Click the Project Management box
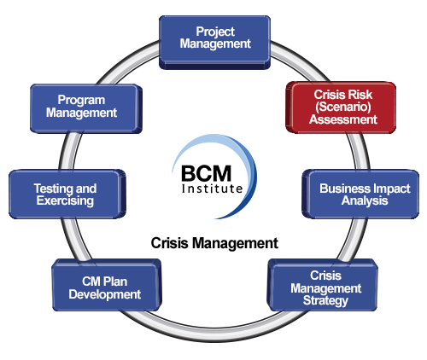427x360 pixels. point(214,43)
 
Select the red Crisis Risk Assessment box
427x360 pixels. point(341,107)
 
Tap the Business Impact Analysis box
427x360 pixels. point(360,195)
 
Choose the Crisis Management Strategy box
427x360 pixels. point(322,285)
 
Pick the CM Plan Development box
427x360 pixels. point(107,285)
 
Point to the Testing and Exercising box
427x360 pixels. point(67,195)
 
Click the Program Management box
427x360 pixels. point(86,108)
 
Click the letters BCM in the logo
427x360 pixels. point(206,174)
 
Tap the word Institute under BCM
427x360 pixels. point(212,189)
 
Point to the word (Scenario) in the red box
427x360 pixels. point(343,107)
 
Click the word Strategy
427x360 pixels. point(325,301)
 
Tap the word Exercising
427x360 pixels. point(65,201)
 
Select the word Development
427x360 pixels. point(105,294)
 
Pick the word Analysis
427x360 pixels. point(365,200)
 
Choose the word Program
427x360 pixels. point(81,101)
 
